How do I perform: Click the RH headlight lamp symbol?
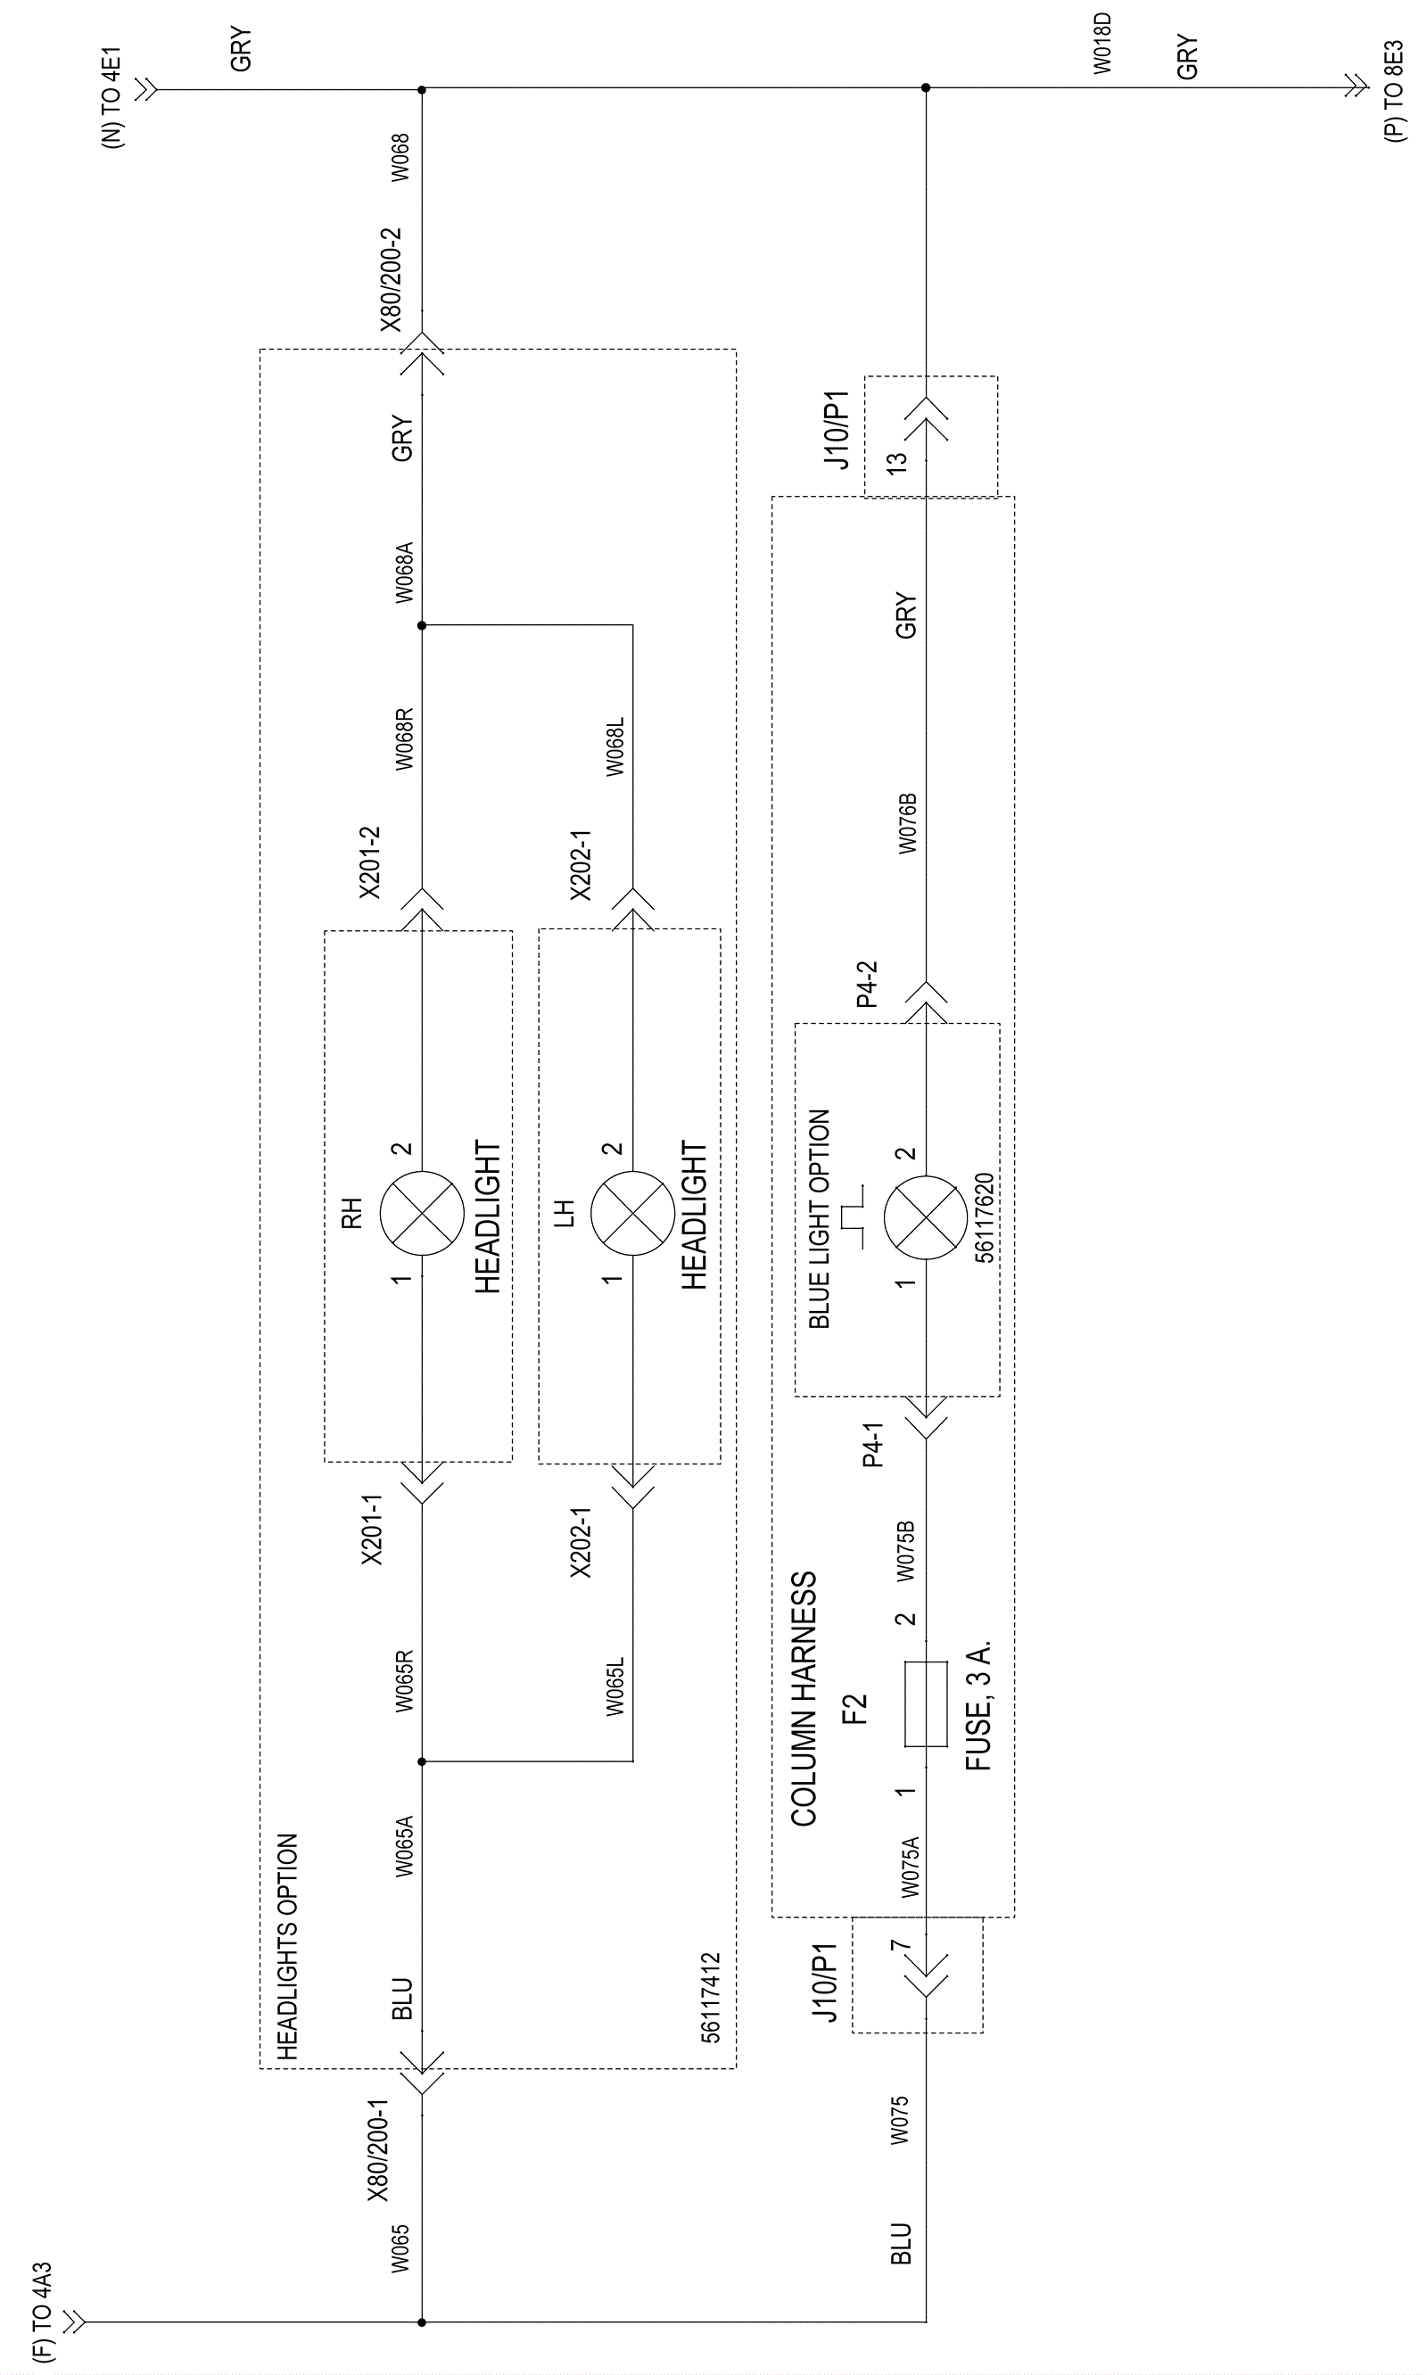click(x=421, y=1214)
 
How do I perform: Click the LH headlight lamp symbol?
click(x=631, y=1214)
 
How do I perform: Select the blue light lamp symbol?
click(x=925, y=1217)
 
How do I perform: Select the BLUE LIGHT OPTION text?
click(x=820, y=1218)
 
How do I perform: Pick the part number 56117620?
click(x=984, y=1217)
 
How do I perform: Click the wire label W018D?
click(x=1102, y=45)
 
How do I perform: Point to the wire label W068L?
click(x=615, y=746)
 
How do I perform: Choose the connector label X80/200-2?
click(x=392, y=280)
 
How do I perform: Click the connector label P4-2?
click(x=868, y=983)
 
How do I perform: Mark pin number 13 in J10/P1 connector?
click(x=896, y=462)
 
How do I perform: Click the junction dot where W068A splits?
click(x=421, y=625)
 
